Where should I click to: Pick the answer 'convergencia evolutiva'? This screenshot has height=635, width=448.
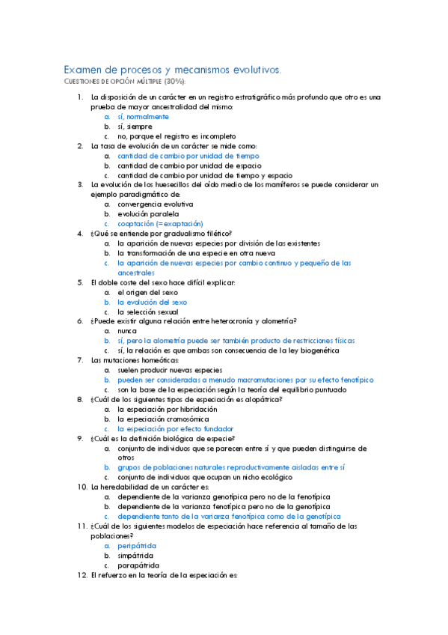click(155, 204)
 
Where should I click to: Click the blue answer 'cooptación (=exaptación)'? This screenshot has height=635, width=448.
click(160, 223)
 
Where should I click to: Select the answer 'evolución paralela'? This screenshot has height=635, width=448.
click(148, 213)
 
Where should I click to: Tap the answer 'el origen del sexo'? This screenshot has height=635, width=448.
click(147, 292)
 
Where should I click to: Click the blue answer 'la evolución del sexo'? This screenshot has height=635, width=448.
click(152, 302)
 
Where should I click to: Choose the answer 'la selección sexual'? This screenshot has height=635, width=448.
click(147, 312)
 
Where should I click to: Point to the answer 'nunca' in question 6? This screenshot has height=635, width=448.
click(128, 330)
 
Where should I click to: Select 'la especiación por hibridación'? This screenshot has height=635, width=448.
click(168, 410)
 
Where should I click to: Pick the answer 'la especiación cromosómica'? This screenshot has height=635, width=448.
click(162, 419)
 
